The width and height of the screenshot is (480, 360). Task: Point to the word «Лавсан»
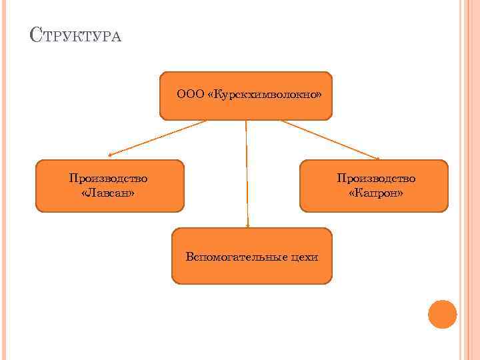tap(108, 193)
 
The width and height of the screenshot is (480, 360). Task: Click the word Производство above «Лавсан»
tap(108, 178)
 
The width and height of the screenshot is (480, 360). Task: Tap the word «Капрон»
tap(376, 193)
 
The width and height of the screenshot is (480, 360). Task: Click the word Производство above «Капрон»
tap(376, 178)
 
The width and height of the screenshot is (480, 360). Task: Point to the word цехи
tap(305, 257)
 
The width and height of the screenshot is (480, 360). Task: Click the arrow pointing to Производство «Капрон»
tap(330, 139)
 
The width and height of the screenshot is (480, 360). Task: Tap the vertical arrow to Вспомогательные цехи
tap(247, 173)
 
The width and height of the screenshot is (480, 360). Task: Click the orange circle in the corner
tap(442, 314)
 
